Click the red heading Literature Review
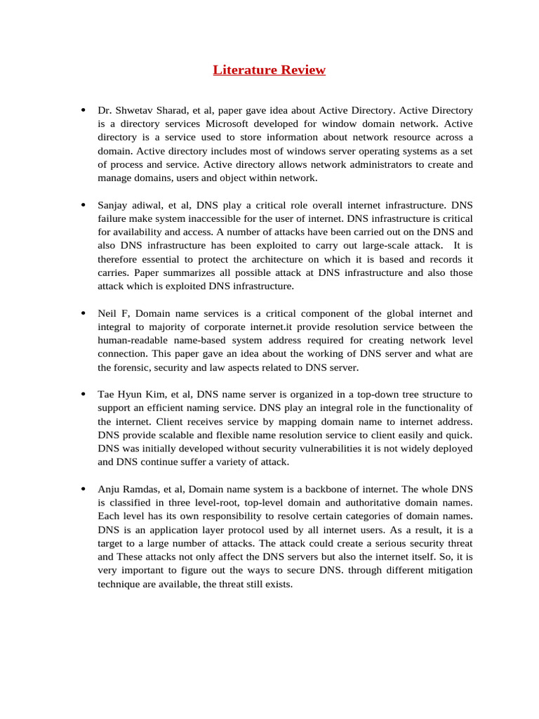(x=269, y=70)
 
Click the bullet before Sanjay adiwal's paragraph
(x=83, y=205)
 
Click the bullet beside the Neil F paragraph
(x=83, y=313)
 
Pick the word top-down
(x=377, y=395)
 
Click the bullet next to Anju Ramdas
(x=83, y=489)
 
